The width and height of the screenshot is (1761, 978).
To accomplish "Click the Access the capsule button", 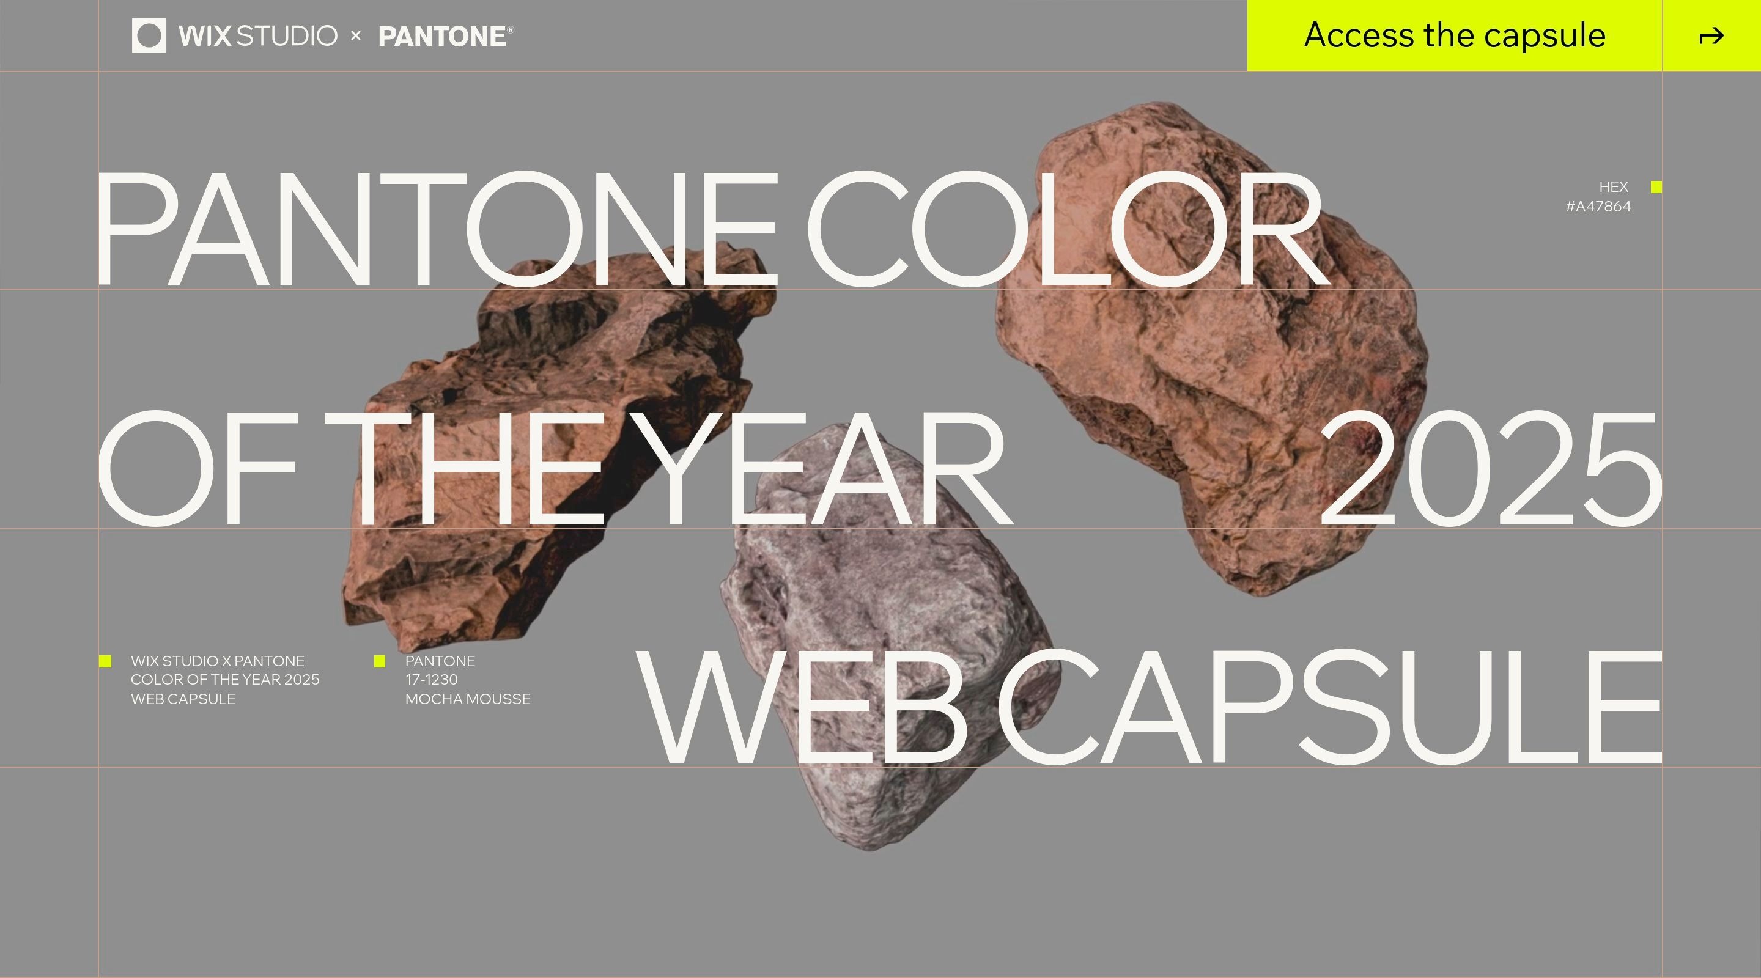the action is (1454, 35).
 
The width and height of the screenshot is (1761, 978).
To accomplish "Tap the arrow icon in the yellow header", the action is (1711, 36).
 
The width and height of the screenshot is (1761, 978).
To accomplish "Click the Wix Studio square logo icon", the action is (149, 35).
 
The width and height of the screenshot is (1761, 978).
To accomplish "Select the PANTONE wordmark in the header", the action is (446, 36).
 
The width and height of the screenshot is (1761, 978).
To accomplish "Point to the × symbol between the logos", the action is (355, 35).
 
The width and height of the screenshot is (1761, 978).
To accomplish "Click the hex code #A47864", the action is (1598, 207).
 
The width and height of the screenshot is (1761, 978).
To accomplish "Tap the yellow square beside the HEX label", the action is (1656, 187).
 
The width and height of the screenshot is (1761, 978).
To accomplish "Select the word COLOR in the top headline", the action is (1068, 229).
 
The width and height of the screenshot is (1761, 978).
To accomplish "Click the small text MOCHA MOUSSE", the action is (468, 699).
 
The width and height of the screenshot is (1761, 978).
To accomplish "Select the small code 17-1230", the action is (431, 679).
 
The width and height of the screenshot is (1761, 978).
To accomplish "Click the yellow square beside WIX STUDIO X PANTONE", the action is (105, 661).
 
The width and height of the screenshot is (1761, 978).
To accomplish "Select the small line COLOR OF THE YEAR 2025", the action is (225, 679).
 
